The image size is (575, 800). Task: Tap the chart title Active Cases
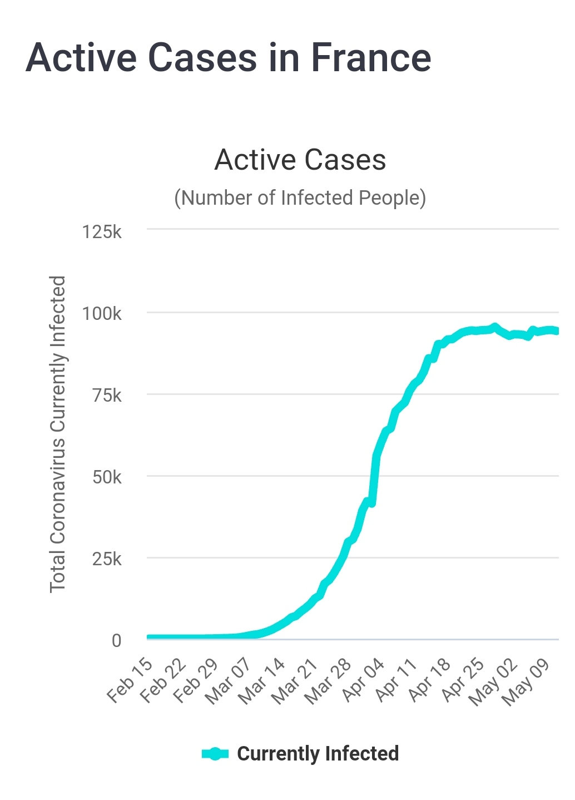300,160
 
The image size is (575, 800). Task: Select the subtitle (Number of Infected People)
300,198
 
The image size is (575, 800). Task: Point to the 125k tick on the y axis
102,231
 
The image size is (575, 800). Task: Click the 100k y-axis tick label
102,314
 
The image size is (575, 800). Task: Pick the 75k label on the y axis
106,396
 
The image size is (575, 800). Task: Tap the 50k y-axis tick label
106,477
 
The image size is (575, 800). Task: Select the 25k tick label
106,559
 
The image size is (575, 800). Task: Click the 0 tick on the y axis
116,641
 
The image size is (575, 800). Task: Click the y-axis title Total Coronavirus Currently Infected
58,434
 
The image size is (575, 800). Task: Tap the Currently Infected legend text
318,754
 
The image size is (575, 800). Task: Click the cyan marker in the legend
215,754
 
